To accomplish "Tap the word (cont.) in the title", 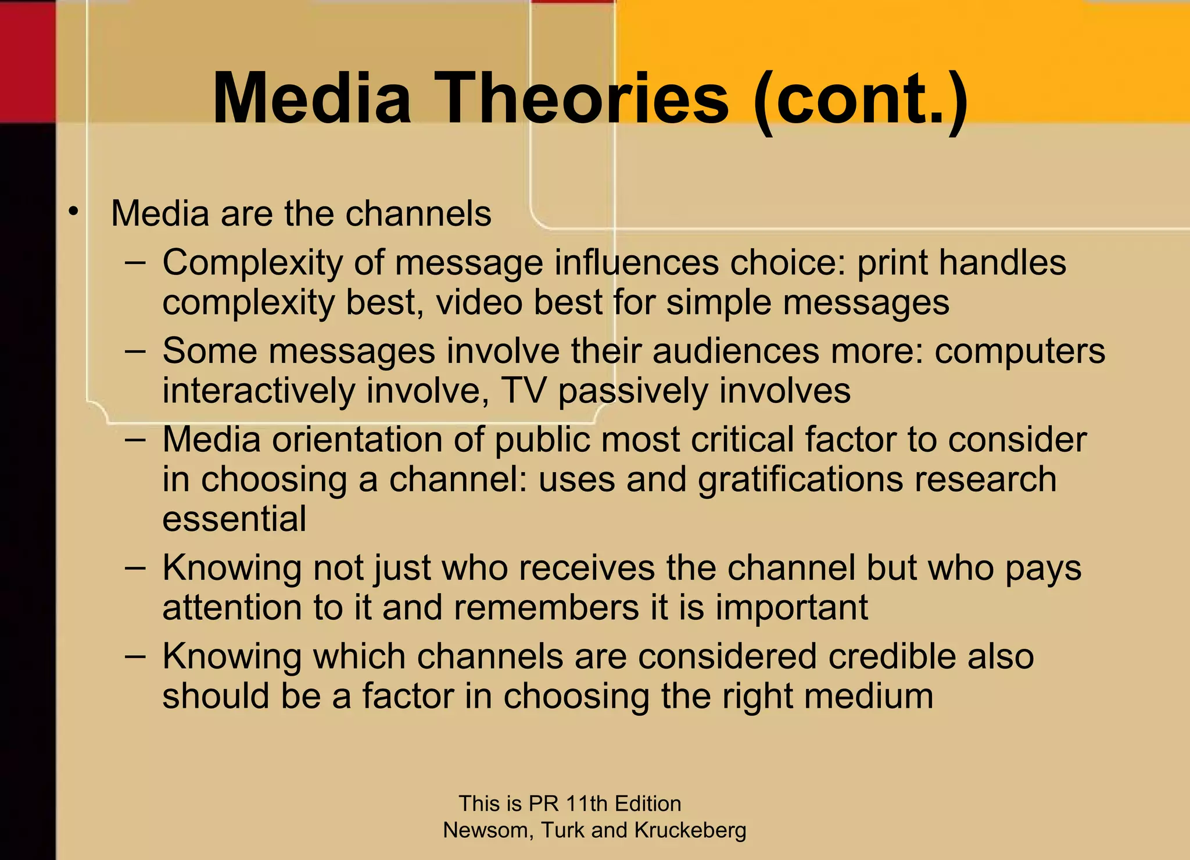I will (860, 99).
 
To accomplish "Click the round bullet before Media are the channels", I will (73, 212).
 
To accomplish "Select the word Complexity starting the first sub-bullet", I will (252, 263).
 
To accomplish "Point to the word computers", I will (1019, 351).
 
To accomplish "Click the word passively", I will (633, 391).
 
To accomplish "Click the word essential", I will (234, 519).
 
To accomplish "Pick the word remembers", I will (546, 608).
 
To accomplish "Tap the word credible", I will (892, 656).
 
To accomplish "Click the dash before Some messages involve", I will (135, 352).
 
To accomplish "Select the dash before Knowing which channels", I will (135, 657).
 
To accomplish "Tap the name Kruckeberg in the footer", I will (690, 830).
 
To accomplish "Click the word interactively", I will (258, 390).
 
